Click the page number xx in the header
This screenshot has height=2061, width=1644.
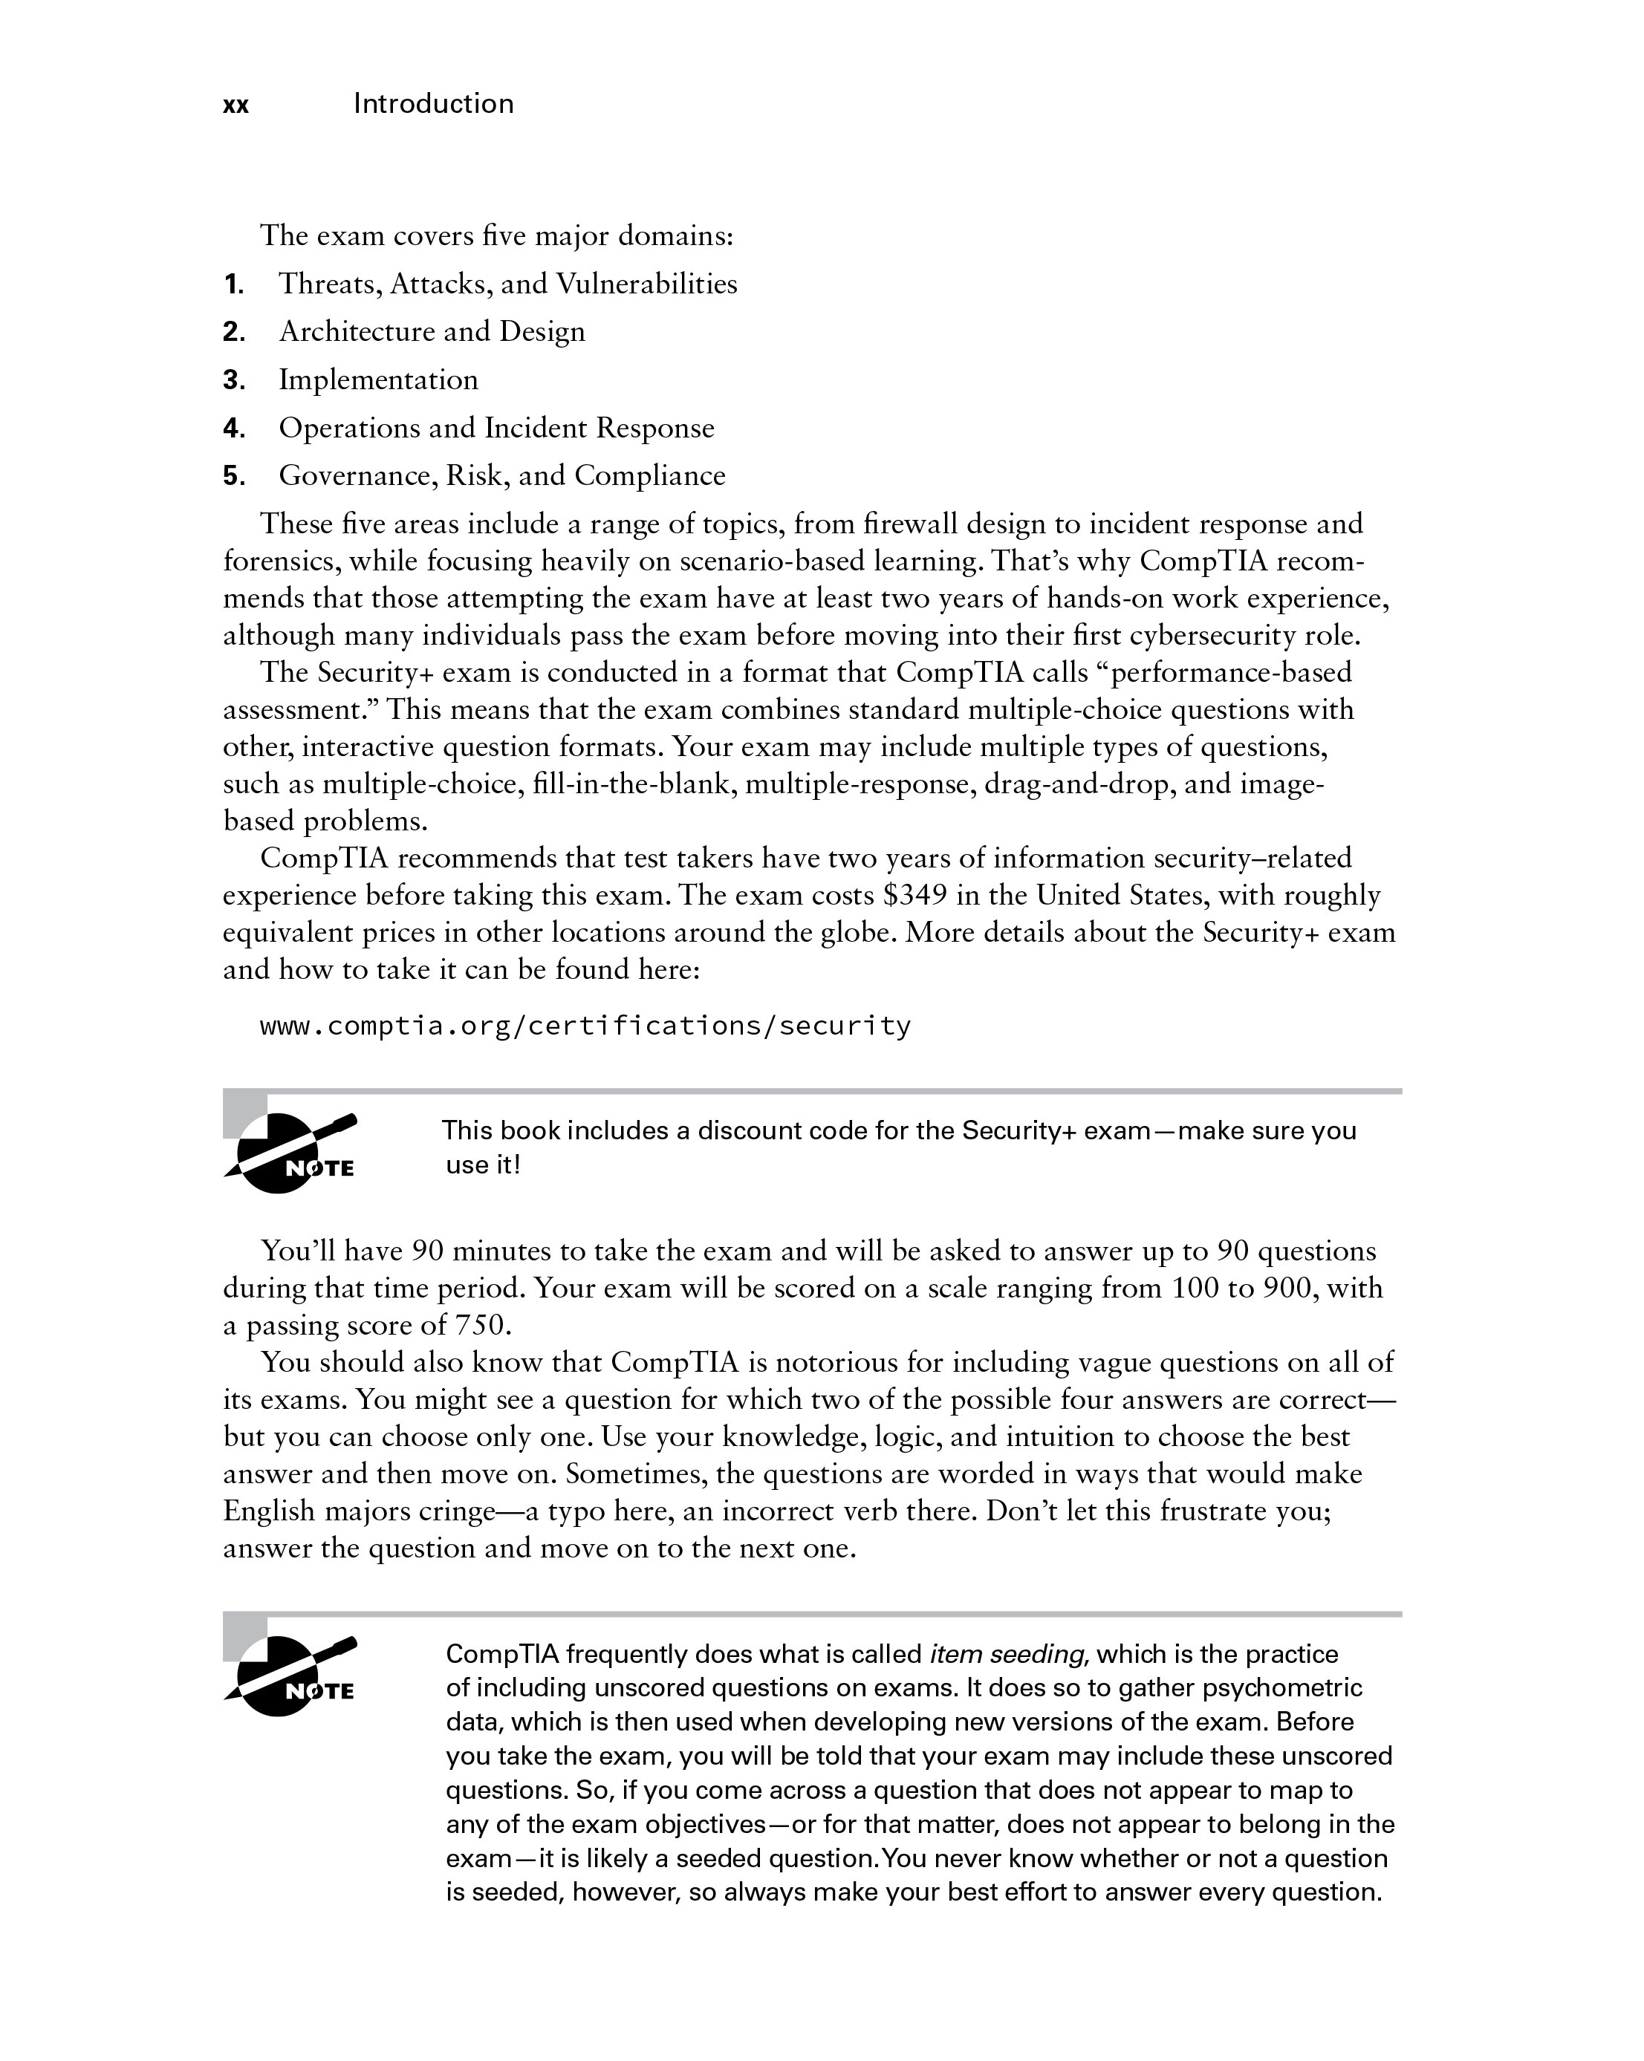(x=235, y=105)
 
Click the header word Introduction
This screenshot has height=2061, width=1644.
(x=433, y=103)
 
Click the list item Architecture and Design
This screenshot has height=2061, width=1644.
(x=432, y=332)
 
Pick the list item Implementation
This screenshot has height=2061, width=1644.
(x=378, y=380)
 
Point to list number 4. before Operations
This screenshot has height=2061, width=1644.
(x=234, y=429)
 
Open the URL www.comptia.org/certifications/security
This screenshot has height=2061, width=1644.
(x=585, y=1026)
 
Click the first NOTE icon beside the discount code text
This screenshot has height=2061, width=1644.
(x=290, y=1154)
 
